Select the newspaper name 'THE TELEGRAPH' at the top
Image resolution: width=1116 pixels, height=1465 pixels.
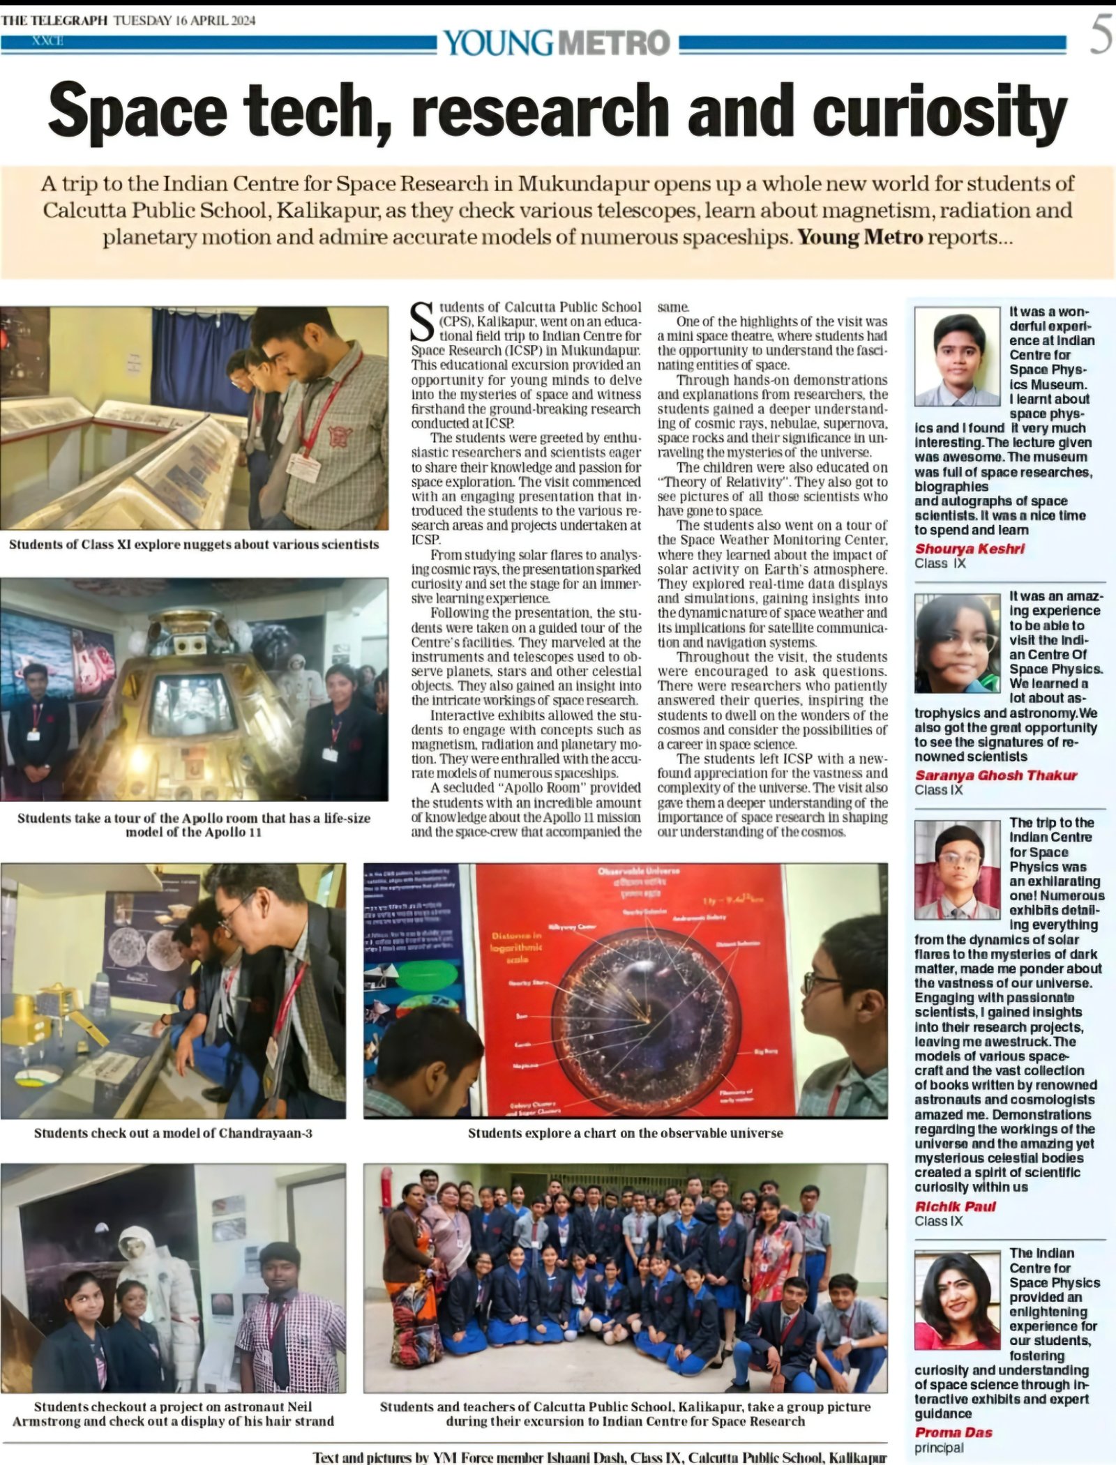point(54,20)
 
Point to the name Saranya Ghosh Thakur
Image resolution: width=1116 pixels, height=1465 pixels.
point(996,775)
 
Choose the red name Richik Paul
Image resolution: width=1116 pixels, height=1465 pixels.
point(955,1206)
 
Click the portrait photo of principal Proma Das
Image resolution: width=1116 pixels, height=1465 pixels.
point(957,1296)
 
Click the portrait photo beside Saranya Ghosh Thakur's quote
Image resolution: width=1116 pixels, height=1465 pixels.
point(957,643)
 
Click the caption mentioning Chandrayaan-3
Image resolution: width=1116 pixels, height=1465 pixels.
point(173,1133)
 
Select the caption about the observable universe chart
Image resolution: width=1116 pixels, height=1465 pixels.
point(625,1133)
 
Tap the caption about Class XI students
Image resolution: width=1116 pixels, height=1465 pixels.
point(194,544)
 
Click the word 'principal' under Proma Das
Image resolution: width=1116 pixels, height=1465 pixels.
point(939,1448)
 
